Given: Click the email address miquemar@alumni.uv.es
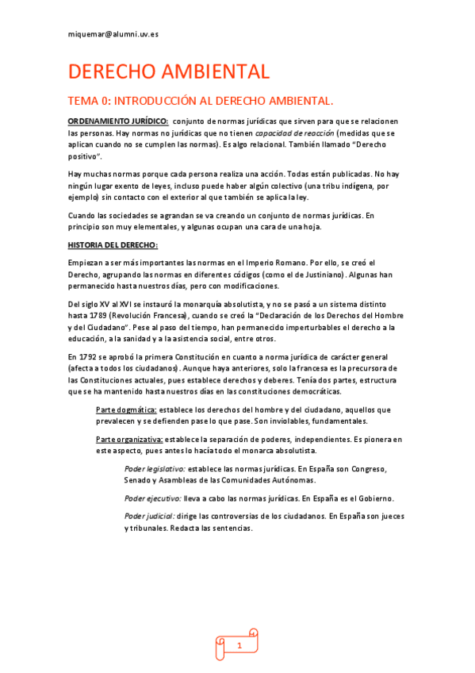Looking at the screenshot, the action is [113, 35].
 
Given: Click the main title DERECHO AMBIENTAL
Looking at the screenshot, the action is [169, 72].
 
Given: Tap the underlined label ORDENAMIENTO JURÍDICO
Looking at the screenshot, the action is [118, 120].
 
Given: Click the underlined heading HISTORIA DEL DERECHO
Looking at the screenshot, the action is [113, 244].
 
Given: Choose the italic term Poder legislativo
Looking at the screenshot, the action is [155, 468].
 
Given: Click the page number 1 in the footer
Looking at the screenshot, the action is [238, 647].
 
